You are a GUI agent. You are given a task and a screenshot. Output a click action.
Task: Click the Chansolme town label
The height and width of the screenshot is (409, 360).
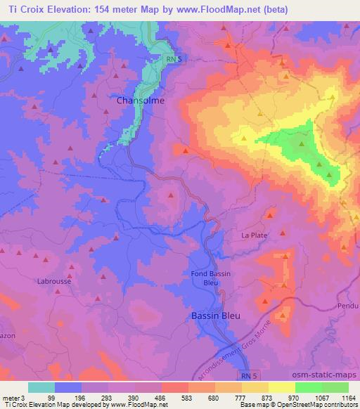(141, 101)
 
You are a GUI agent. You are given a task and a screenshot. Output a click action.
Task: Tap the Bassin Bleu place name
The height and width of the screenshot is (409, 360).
(215, 316)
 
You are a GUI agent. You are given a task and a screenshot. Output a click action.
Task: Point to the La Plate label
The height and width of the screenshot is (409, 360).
(255, 236)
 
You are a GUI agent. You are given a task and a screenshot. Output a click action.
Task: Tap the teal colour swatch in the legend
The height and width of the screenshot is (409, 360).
(41, 387)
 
